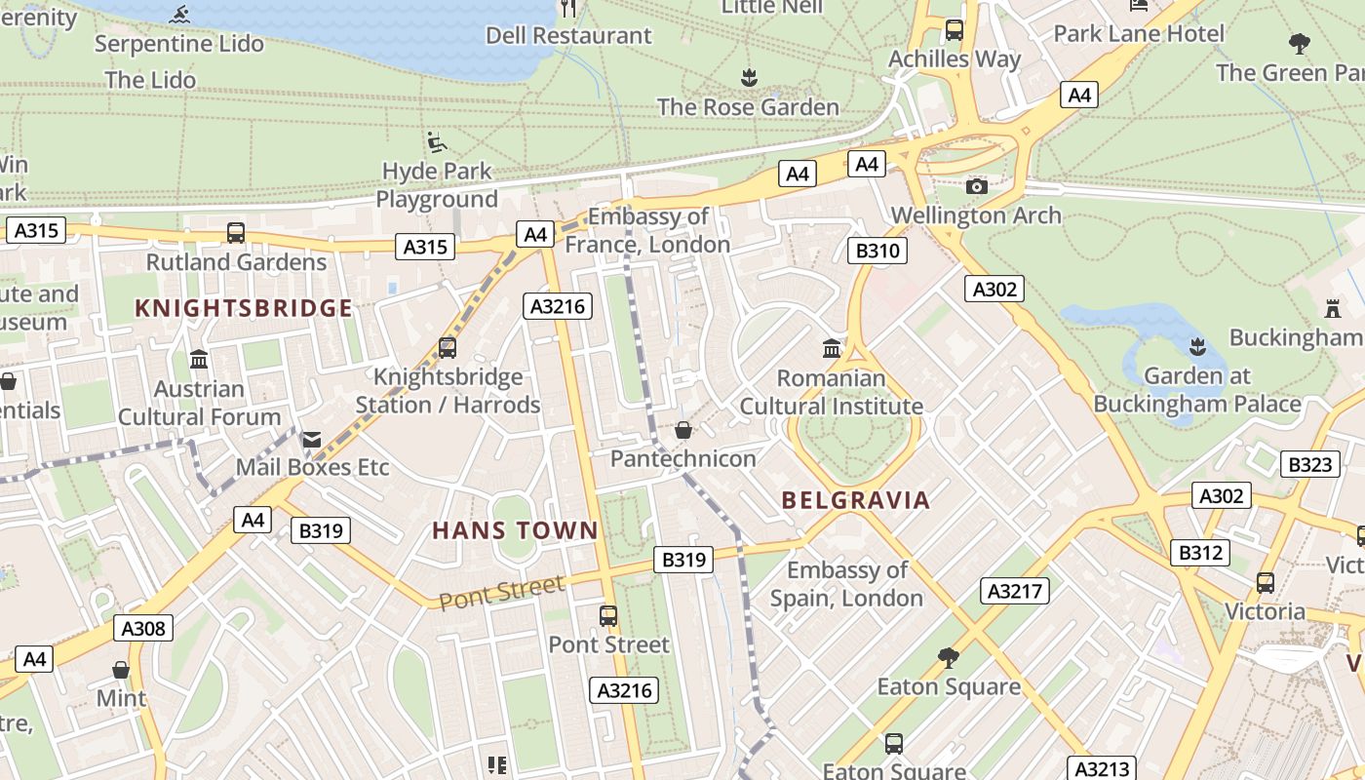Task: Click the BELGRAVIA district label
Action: pyautogui.click(x=856, y=501)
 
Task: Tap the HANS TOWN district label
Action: pyautogui.click(x=515, y=531)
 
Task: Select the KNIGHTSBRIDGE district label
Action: pyautogui.click(x=244, y=309)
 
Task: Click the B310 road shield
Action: pyautogui.click(x=877, y=251)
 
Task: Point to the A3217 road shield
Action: pyautogui.click(x=1015, y=590)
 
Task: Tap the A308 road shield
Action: pyautogui.click(x=143, y=628)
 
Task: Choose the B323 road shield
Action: pyautogui.click(x=1309, y=464)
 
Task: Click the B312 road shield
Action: pyautogui.click(x=1200, y=553)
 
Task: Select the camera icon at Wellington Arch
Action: pyautogui.click(x=976, y=186)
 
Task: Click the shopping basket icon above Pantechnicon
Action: pyautogui.click(x=683, y=430)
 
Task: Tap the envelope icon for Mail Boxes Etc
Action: pyautogui.click(x=312, y=440)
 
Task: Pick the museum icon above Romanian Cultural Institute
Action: pyautogui.click(x=832, y=348)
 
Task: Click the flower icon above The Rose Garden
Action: pyautogui.click(x=749, y=77)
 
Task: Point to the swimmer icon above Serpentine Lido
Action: pyautogui.click(x=179, y=15)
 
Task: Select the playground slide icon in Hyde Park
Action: pyautogui.click(x=437, y=142)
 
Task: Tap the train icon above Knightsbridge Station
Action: pyautogui.click(x=448, y=347)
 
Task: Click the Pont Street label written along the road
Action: pyautogui.click(x=501, y=592)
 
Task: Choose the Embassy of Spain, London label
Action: pyautogui.click(x=846, y=584)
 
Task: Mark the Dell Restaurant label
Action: pyautogui.click(x=568, y=36)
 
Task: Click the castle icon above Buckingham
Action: pyautogui.click(x=1332, y=308)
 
